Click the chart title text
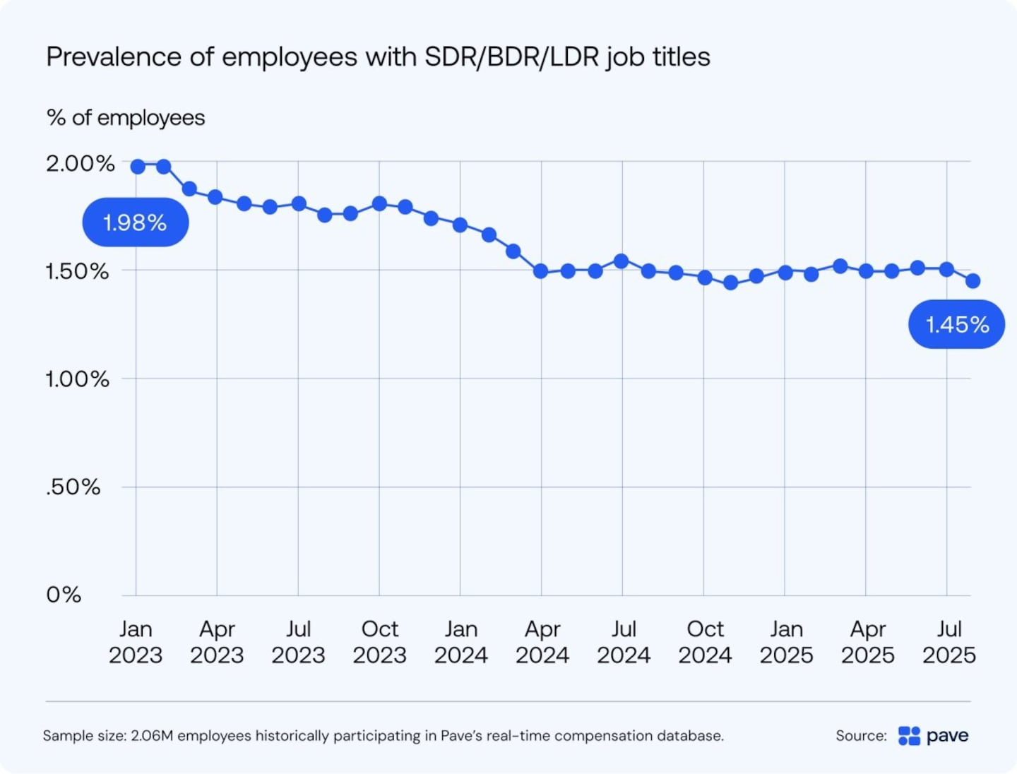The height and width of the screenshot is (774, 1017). pos(378,57)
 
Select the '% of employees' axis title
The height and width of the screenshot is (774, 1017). pos(126,118)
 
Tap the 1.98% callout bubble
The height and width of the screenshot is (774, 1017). pos(135,222)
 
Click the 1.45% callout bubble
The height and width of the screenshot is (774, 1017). pos(956,325)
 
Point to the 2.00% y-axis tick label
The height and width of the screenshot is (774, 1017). pos(80,164)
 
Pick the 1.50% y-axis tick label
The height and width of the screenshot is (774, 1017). pos(77,272)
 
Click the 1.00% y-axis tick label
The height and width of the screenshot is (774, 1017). pos(77,380)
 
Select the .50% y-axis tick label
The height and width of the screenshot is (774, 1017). pos(73,487)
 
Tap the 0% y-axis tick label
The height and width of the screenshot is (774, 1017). pos(64,595)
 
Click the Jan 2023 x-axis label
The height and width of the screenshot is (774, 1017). pos(136,642)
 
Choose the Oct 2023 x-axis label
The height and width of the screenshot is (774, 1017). pos(379,642)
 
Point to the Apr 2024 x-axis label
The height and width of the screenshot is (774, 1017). pos(542,642)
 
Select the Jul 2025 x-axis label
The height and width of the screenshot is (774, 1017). pos(948,642)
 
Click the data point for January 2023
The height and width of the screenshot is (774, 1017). pos(138,167)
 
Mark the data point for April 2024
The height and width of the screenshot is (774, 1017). pos(541,271)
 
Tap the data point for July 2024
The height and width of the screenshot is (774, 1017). pos(621,261)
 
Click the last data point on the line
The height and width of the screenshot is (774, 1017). pos(973,281)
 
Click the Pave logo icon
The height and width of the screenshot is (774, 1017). pos(909,736)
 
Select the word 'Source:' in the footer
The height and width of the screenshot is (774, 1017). pos(861,736)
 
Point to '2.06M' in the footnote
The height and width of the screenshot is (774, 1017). pos(152,736)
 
